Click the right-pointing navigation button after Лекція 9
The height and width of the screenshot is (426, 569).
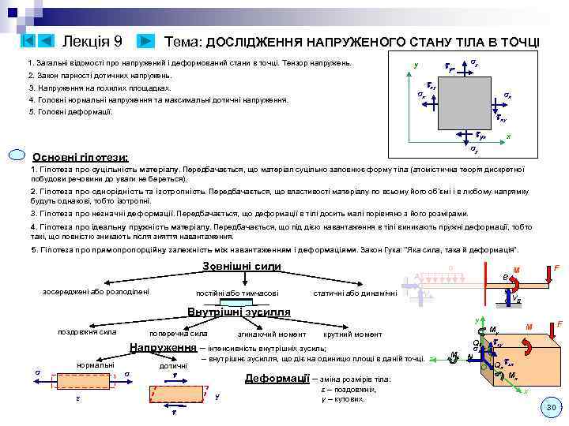146,40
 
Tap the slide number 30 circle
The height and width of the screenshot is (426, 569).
550,407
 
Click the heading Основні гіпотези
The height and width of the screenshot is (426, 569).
81,156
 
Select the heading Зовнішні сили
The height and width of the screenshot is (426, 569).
242,266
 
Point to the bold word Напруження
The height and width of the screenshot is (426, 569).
163,348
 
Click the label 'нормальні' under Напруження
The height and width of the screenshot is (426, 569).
94,364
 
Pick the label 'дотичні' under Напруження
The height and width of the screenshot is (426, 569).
174,366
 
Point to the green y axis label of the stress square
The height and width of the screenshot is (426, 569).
416,65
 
